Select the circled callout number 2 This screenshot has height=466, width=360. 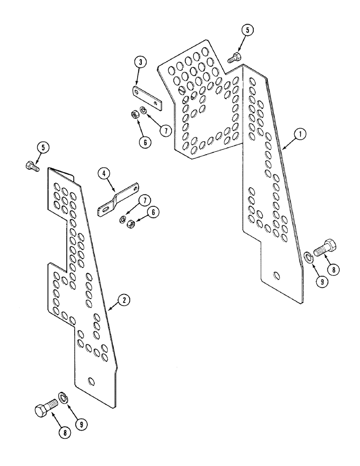tap(124, 300)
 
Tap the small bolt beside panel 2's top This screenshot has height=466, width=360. tap(32, 165)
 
